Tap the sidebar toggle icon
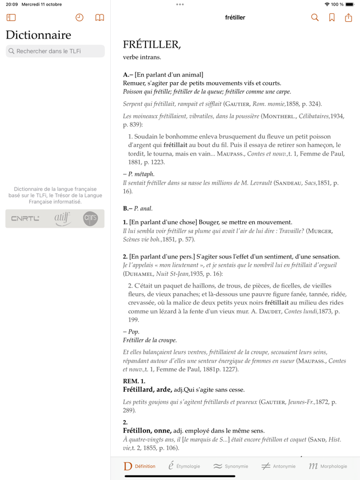pyautogui.click(x=11, y=18)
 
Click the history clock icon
pyautogui.click(x=80, y=18)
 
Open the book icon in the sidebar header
pyautogui.click(x=100, y=18)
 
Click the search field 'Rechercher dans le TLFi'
pyautogui.click(x=55, y=51)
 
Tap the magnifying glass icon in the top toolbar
pyautogui.click(x=315, y=18)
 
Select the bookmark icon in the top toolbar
pyautogui.click(x=331, y=18)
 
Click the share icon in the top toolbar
pyautogui.click(x=348, y=18)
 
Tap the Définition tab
pyautogui.click(x=139, y=466)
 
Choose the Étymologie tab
pyautogui.click(x=184, y=466)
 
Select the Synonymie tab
pyautogui.click(x=231, y=466)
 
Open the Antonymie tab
pyautogui.click(x=278, y=466)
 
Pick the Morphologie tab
pyautogui.click(x=328, y=466)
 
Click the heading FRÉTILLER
pyautogui.click(x=152, y=45)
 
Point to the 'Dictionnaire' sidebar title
pyautogui.click(x=39, y=35)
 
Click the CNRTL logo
pyautogui.click(x=25, y=219)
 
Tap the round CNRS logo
pyautogui.click(x=90, y=219)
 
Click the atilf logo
pyautogui.click(x=62, y=219)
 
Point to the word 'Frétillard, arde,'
pyautogui.click(x=147, y=389)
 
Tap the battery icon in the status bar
pyautogui.click(x=349, y=4)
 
